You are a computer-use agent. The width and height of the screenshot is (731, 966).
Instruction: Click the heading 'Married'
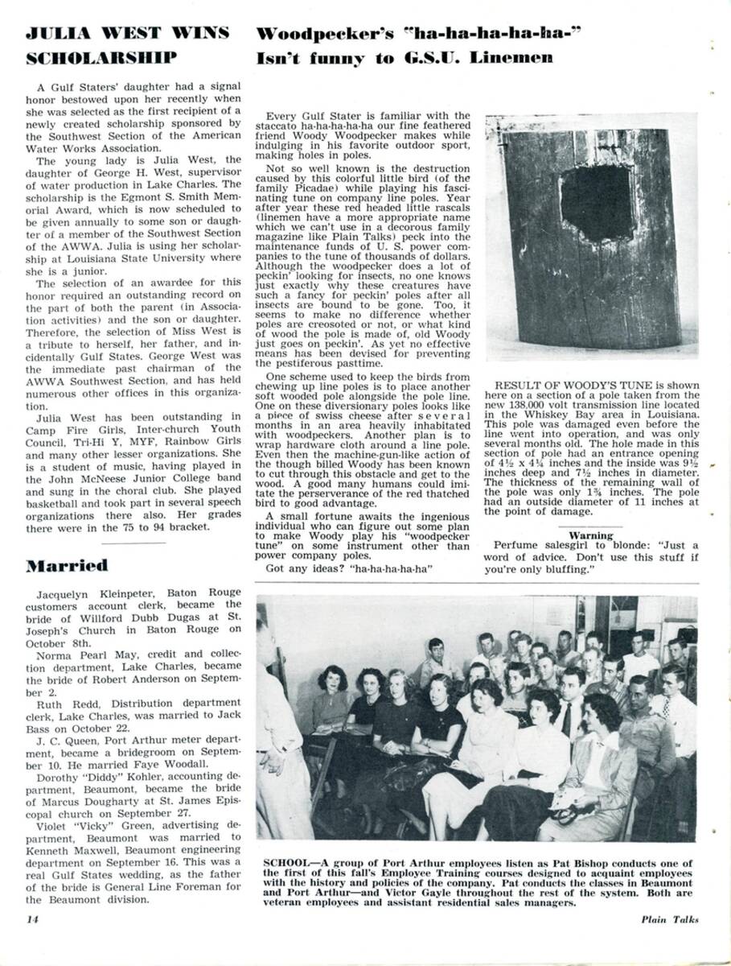coord(67,564)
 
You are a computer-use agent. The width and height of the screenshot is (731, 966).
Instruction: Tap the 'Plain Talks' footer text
coord(670,919)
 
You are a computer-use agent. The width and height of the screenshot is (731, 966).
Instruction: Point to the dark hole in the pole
coord(596,202)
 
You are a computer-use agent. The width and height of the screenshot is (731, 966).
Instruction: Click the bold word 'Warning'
coord(591,535)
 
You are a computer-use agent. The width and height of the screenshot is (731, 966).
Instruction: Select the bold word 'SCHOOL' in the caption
coord(285,862)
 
